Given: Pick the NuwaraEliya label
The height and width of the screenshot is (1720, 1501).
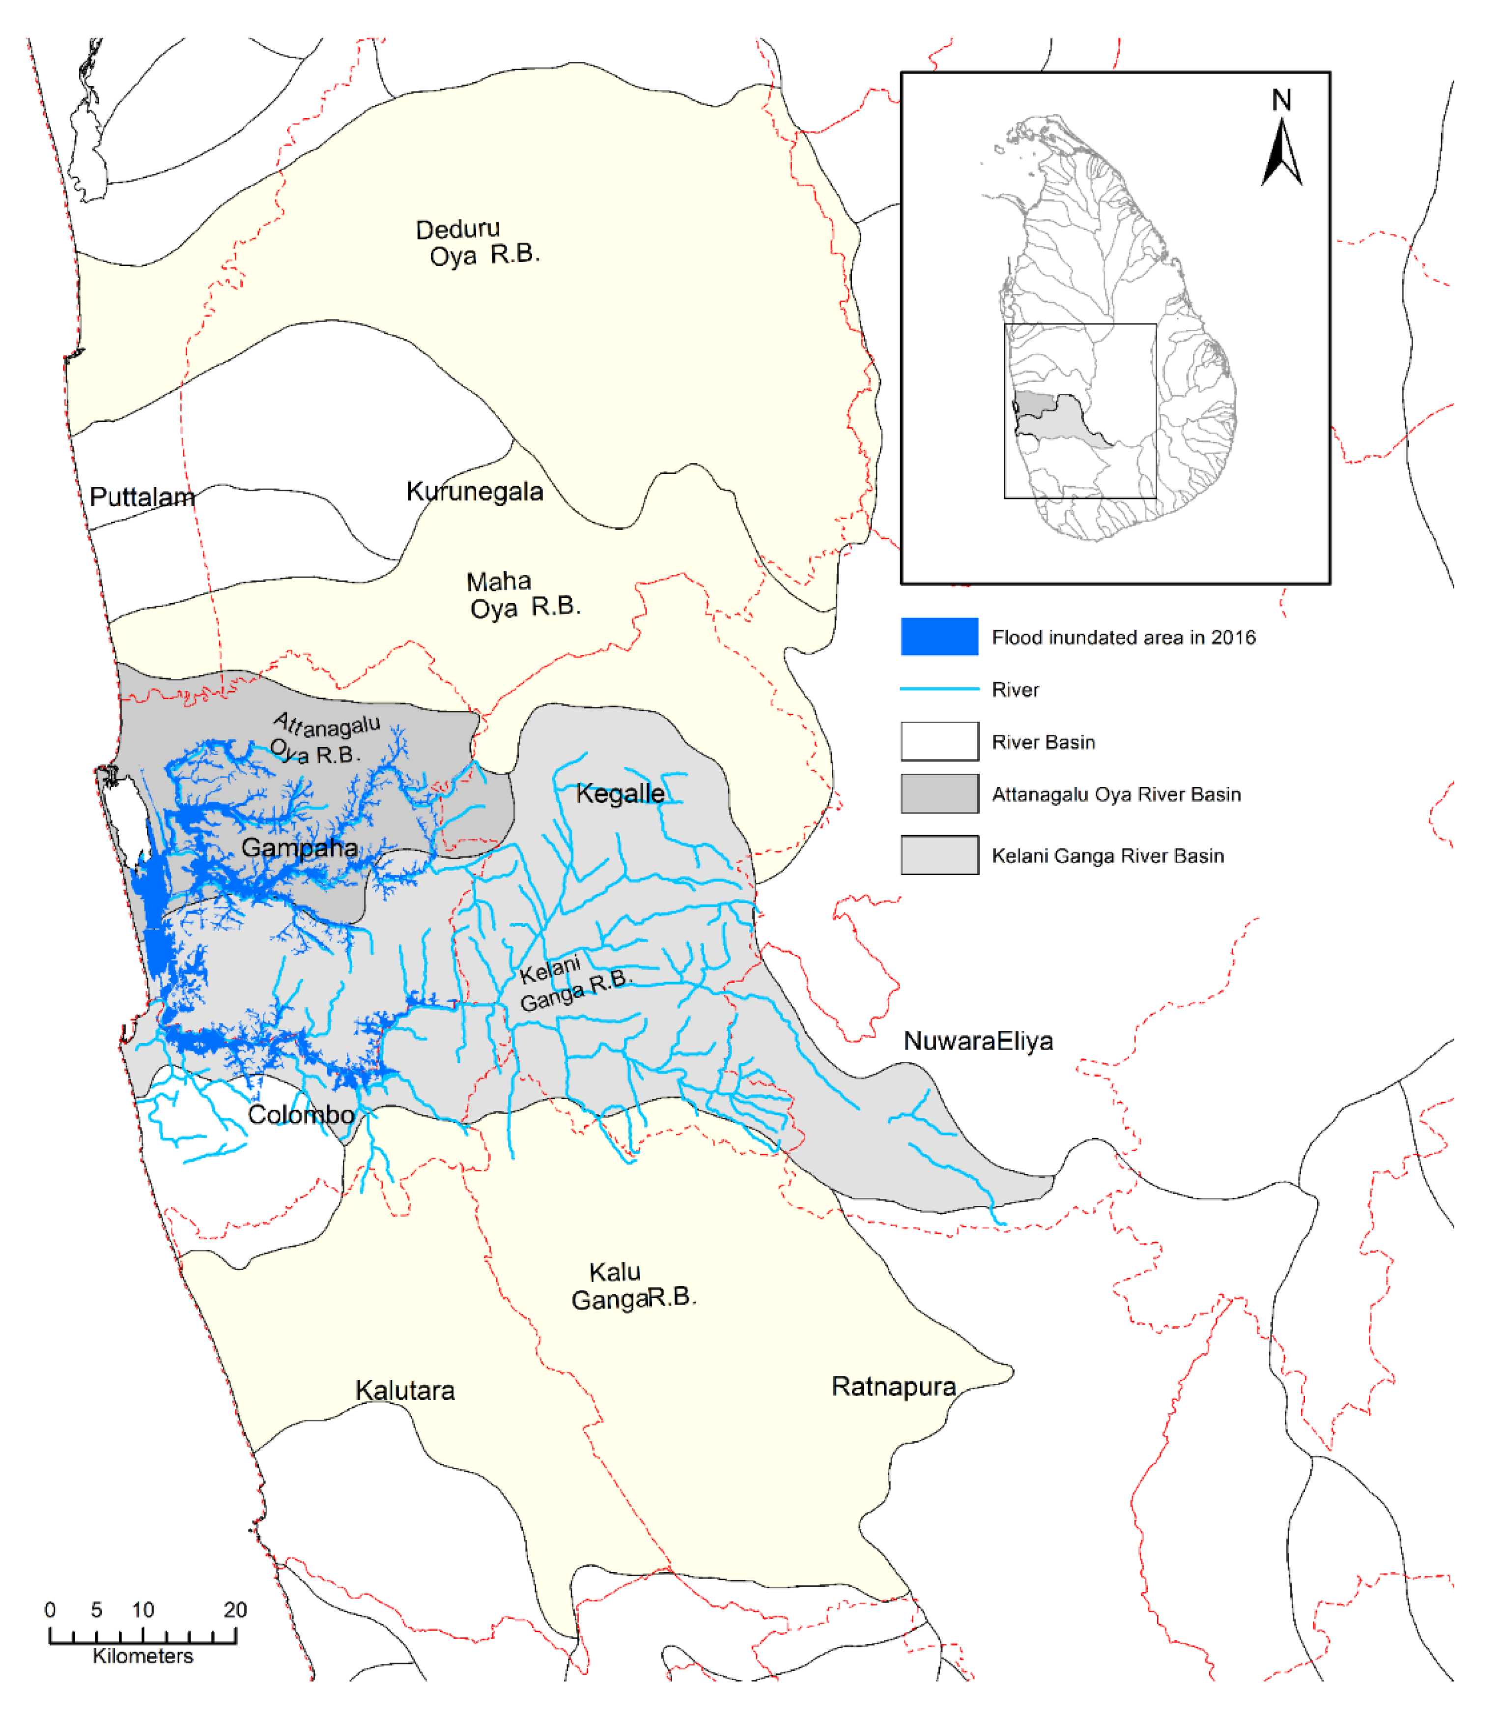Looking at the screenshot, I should pyautogui.click(x=978, y=1041).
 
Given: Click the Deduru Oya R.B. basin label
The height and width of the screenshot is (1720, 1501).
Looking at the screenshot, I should pyautogui.click(x=478, y=242).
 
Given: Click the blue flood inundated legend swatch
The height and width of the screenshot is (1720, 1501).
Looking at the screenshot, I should pyautogui.click(x=939, y=637).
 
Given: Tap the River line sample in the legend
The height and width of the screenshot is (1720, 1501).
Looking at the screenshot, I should pyautogui.click(x=939, y=689).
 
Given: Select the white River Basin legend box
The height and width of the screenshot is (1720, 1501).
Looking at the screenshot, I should pyautogui.click(x=939, y=741).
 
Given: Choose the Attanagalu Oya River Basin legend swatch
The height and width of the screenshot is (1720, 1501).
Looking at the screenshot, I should pyautogui.click(x=939, y=793).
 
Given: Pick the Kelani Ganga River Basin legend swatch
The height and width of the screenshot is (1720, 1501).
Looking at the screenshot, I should pyautogui.click(x=939, y=854).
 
